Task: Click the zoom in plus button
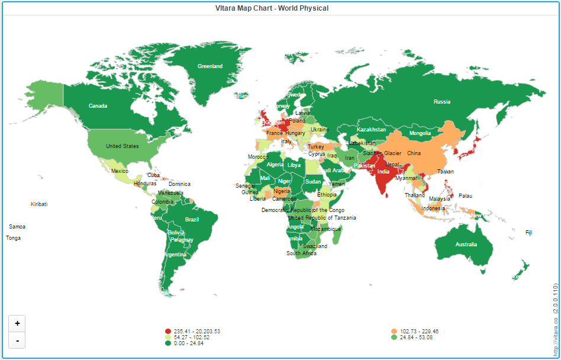17,323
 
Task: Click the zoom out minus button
17,340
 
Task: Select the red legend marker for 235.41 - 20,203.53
168,331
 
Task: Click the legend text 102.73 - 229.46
419,331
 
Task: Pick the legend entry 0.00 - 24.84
188,343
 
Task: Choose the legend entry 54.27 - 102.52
191,337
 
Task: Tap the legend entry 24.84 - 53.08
416,337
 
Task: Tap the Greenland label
210,66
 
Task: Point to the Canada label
98,106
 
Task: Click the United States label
122,146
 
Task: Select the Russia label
442,102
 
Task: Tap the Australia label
466,245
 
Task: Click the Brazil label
192,220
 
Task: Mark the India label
383,172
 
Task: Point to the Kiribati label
39,204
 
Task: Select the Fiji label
528,233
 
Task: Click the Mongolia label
420,133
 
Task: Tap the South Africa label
301,253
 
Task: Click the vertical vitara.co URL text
555,320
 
